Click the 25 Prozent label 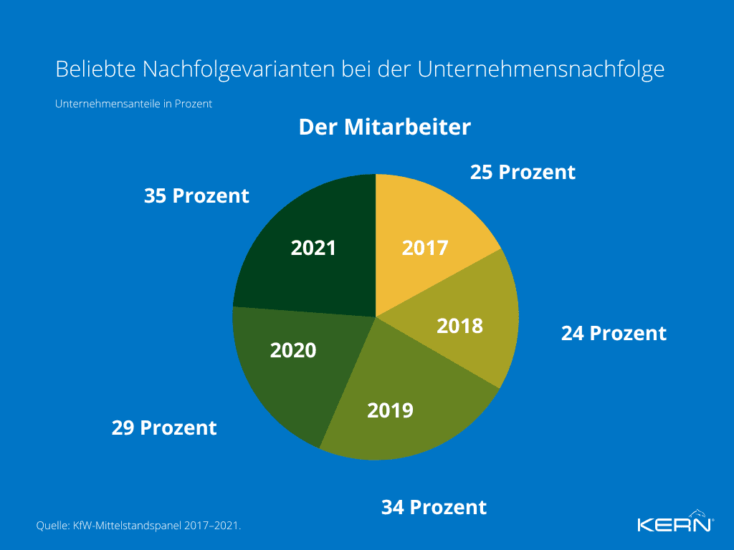[x=523, y=173]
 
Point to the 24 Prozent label [x=614, y=334]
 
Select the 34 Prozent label [x=434, y=508]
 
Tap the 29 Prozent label [x=164, y=428]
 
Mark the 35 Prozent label [x=196, y=196]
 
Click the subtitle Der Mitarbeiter [x=384, y=127]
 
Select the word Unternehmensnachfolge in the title [x=541, y=69]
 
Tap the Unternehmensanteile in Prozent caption [x=133, y=104]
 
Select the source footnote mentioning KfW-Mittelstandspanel [x=138, y=526]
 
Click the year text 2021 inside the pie [x=313, y=249]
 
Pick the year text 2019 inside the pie [x=390, y=411]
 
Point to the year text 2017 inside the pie [x=424, y=249]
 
